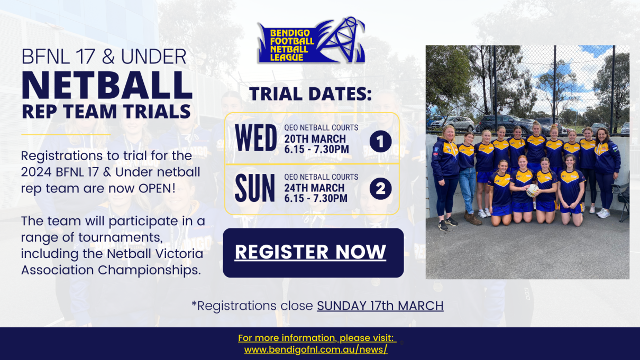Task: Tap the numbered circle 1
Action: point(380,141)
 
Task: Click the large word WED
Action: point(256,139)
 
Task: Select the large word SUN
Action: point(255,189)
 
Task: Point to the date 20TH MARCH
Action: point(315,139)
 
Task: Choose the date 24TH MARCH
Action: point(314,188)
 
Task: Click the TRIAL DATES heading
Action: point(311,95)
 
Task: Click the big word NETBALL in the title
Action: point(106,84)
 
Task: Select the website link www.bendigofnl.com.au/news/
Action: point(316,349)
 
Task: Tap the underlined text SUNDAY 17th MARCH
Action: point(380,306)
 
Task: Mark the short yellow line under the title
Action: point(65,134)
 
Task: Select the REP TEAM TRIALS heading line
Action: point(106,112)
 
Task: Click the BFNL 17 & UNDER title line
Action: point(104,57)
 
